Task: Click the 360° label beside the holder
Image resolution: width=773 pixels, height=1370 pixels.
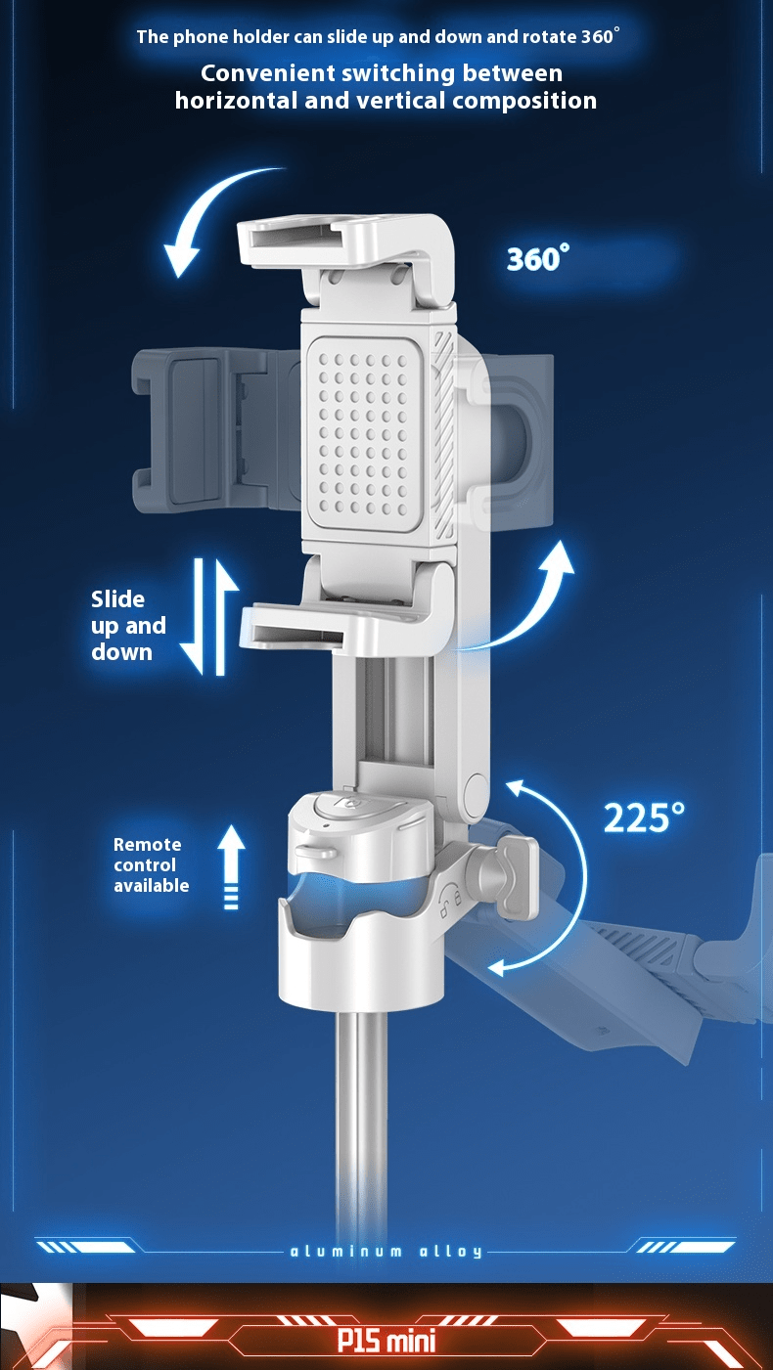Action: [537, 258]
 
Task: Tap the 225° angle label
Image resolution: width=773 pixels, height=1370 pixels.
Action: [644, 818]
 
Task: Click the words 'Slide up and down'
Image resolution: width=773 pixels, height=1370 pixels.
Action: [128, 625]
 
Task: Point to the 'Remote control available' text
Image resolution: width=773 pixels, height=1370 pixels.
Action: [151, 864]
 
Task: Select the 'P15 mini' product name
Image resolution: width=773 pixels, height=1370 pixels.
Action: [386, 1342]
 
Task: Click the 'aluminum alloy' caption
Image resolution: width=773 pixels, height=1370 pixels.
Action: [386, 1252]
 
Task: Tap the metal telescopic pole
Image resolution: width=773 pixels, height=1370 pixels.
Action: [361, 1126]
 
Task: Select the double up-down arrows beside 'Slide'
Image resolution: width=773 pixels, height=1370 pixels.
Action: [209, 616]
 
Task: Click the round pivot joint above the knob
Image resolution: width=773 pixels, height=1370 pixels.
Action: [477, 796]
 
